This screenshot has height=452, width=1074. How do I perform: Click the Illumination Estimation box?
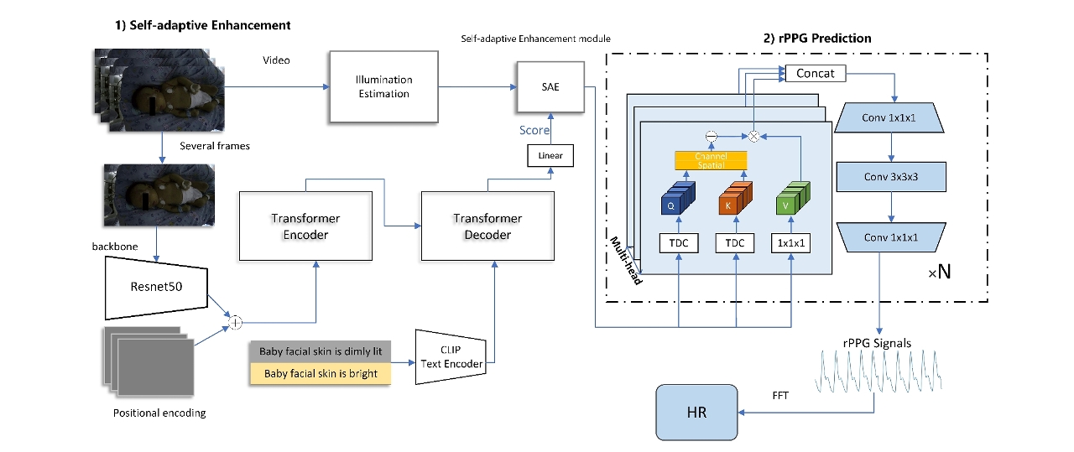pos(383,87)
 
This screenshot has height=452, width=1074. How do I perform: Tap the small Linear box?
pos(550,155)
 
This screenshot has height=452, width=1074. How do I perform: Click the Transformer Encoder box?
pos(305,226)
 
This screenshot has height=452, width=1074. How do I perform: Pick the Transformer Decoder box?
pos(487,226)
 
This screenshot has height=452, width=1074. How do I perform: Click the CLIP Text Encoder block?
pos(451,357)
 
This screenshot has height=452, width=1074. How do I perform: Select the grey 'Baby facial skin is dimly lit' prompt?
pos(321,351)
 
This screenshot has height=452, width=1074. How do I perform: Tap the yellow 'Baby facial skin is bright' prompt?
pos(321,373)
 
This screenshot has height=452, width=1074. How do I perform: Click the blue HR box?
pos(696,413)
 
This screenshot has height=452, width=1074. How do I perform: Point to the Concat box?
pos(815,74)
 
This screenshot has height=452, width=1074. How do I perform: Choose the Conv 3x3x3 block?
pos(891,177)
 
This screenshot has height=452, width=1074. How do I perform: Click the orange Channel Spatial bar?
pos(711,160)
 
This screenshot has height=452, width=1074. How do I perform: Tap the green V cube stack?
pos(791,199)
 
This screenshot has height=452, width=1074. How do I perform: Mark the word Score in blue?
pos(534,130)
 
